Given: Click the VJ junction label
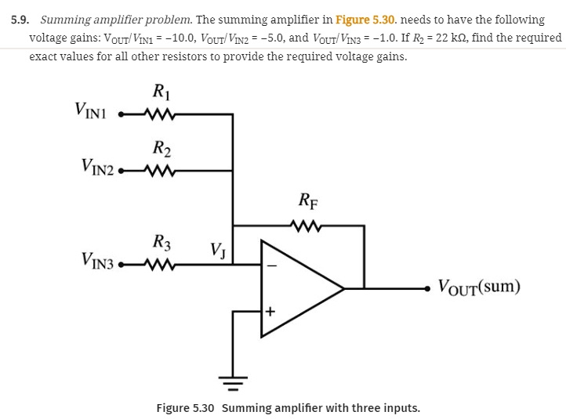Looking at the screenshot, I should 218,250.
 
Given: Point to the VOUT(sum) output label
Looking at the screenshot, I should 478,286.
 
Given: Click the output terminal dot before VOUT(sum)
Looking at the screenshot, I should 427,288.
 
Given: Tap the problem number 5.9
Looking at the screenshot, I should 19,19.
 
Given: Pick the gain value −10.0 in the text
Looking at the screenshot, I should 162,38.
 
